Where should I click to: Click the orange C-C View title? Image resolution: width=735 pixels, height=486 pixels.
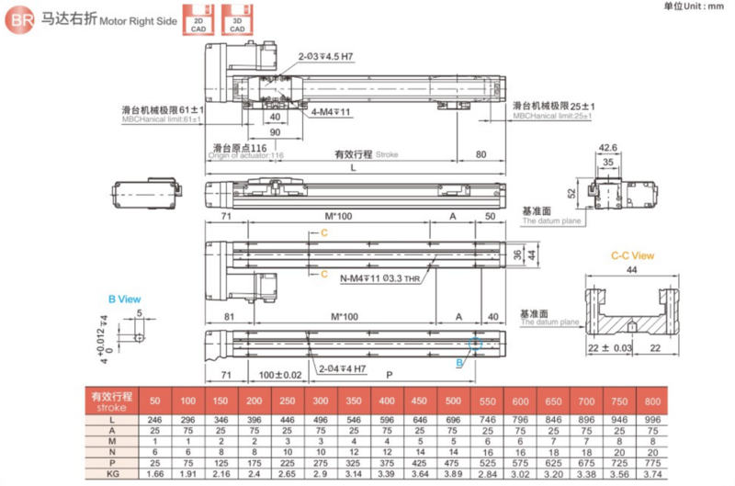click(633, 256)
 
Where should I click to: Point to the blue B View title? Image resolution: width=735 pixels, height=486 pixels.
click(124, 299)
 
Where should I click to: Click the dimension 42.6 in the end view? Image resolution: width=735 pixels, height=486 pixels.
click(607, 147)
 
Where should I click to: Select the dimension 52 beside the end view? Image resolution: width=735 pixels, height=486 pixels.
click(571, 193)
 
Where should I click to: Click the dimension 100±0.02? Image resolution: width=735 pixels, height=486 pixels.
click(282, 376)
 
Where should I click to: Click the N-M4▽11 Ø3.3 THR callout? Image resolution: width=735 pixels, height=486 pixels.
click(380, 279)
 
